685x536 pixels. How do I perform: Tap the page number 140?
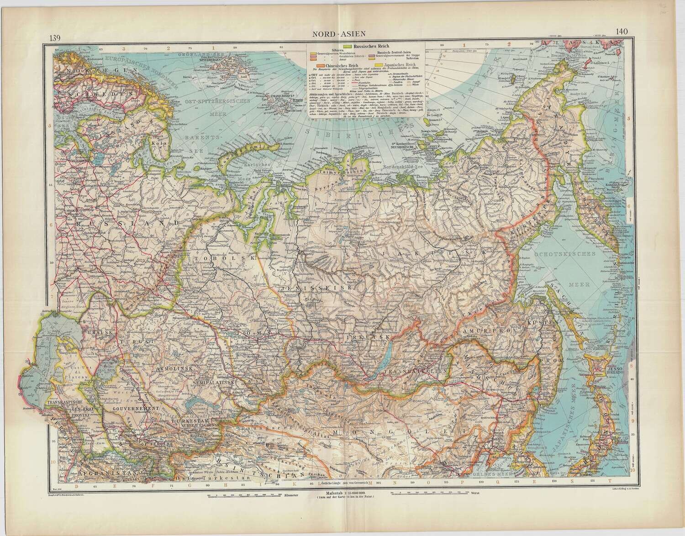pyautogui.click(x=623, y=32)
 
